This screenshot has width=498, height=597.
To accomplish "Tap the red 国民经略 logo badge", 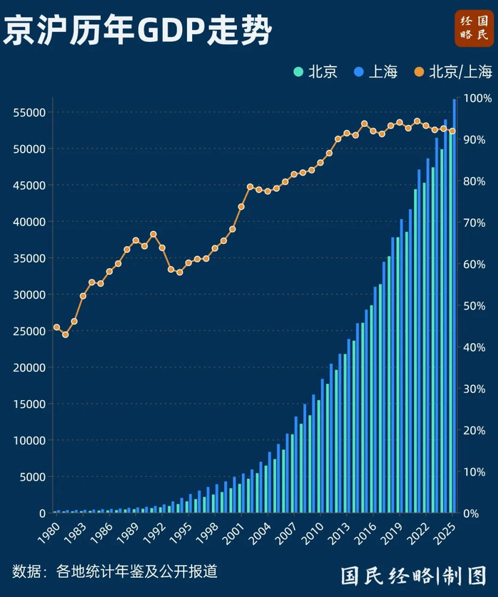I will pyautogui.click(x=474, y=29).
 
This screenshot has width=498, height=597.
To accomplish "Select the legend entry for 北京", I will pyautogui.click(x=317, y=72).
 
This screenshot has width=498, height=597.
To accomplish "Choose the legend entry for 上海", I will pyautogui.click(x=376, y=72).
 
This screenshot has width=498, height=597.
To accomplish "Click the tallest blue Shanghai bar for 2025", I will pyautogui.click(x=455, y=306).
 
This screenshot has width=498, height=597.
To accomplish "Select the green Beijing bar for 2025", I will pyautogui.click(x=450, y=320).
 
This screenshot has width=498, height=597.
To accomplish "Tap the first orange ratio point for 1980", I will pyautogui.click(x=56, y=328).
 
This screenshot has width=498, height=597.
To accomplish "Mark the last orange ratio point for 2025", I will pyautogui.click(x=452, y=131).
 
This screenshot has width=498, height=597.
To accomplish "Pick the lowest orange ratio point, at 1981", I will pyautogui.click(x=65, y=334).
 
